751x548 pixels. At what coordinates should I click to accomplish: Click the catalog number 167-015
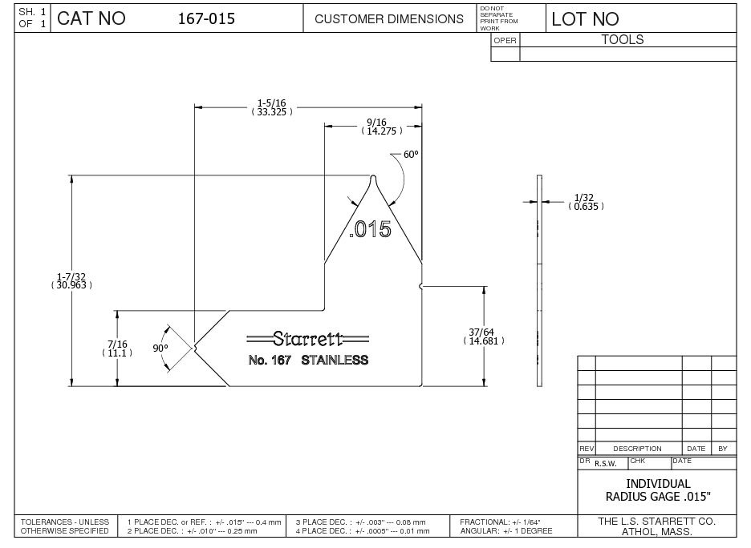206,18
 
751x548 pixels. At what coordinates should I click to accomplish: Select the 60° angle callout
411,155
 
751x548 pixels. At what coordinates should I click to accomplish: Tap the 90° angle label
160,349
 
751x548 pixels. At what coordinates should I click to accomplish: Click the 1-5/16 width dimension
271,107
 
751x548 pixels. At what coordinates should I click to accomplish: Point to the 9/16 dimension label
382,127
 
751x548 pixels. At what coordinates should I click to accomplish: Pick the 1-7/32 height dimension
71,280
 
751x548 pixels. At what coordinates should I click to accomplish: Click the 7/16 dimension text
117,349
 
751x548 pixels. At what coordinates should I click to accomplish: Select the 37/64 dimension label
484,336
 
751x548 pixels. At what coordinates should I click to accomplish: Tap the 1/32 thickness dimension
586,202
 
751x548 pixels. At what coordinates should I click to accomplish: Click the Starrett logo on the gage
308,339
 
